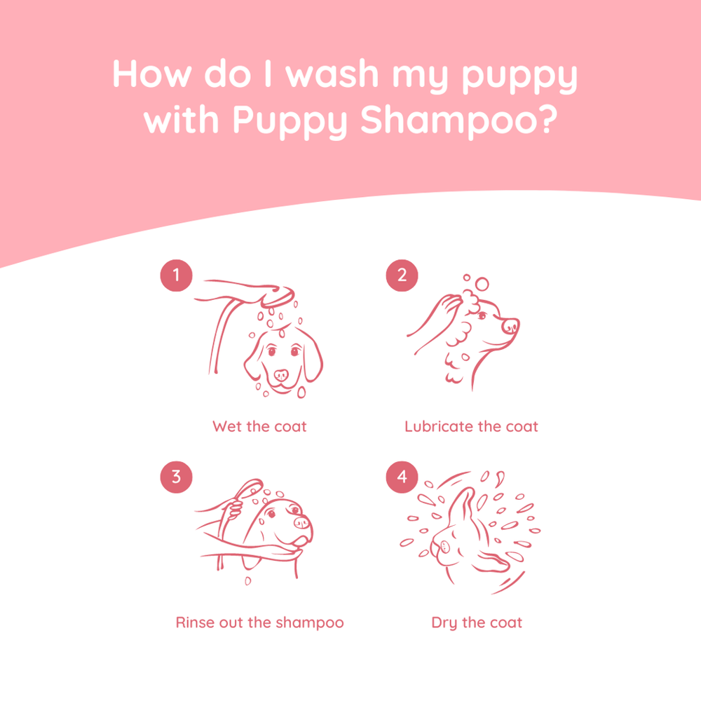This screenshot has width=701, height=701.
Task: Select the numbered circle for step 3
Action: click(x=176, y=477)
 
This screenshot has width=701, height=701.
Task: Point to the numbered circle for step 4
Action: click(x=402, y=477)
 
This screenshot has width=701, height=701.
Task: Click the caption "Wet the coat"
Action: click(x=259, y=426)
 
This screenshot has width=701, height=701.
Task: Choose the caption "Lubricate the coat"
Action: click(x=471, y=426)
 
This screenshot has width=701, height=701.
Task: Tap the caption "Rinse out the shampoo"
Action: click(x=259, y=622)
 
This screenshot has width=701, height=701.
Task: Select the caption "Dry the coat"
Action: click(x=477, y=622)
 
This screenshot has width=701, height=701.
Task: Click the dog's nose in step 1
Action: click(x=281, y=375)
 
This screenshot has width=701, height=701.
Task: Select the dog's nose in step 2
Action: click(x=511, y=325)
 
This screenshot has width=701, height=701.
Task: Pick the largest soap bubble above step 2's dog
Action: click(x=482, y=284)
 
